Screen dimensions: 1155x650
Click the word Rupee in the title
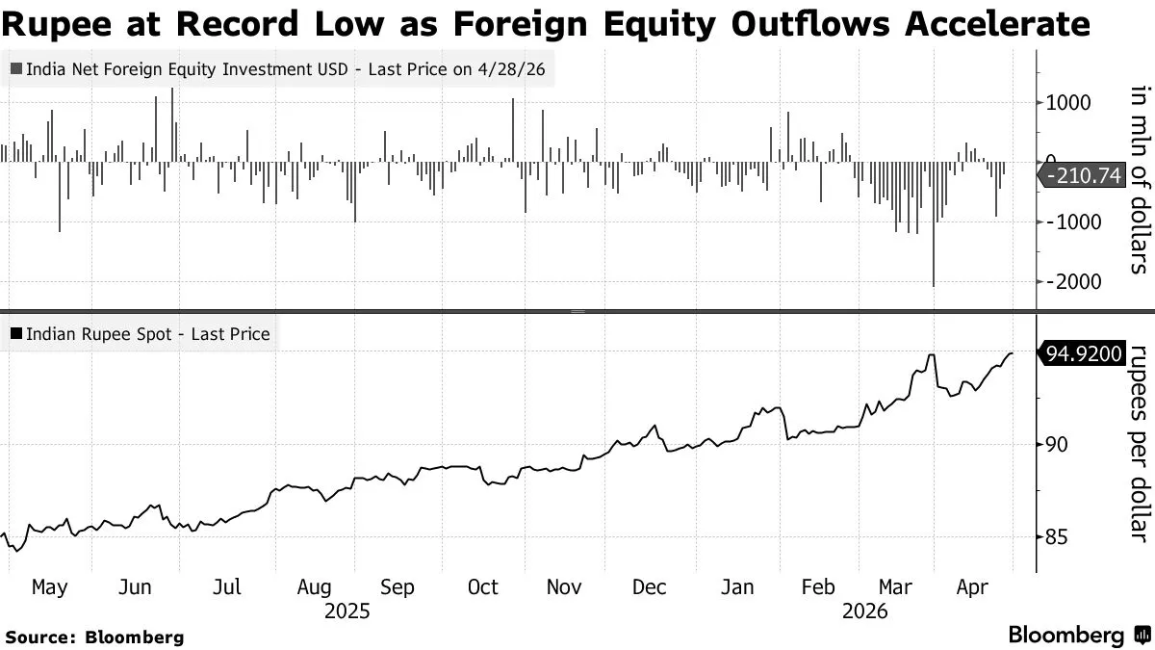56,24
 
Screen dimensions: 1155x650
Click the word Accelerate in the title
997,23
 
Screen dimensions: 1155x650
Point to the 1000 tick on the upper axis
1067,103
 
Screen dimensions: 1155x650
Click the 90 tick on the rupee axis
1057,445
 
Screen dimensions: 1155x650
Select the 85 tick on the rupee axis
1057,537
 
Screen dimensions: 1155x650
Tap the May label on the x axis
49,587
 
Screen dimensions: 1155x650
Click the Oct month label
482,587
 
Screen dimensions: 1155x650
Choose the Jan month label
737,587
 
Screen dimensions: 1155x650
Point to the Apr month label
972,587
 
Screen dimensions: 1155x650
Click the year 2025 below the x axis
347,611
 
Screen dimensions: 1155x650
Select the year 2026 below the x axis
864,611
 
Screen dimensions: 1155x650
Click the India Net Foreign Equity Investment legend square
16,68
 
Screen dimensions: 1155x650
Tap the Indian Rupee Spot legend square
16,334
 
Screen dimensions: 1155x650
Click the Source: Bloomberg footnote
94,637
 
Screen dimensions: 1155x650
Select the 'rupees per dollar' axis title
1142,444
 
